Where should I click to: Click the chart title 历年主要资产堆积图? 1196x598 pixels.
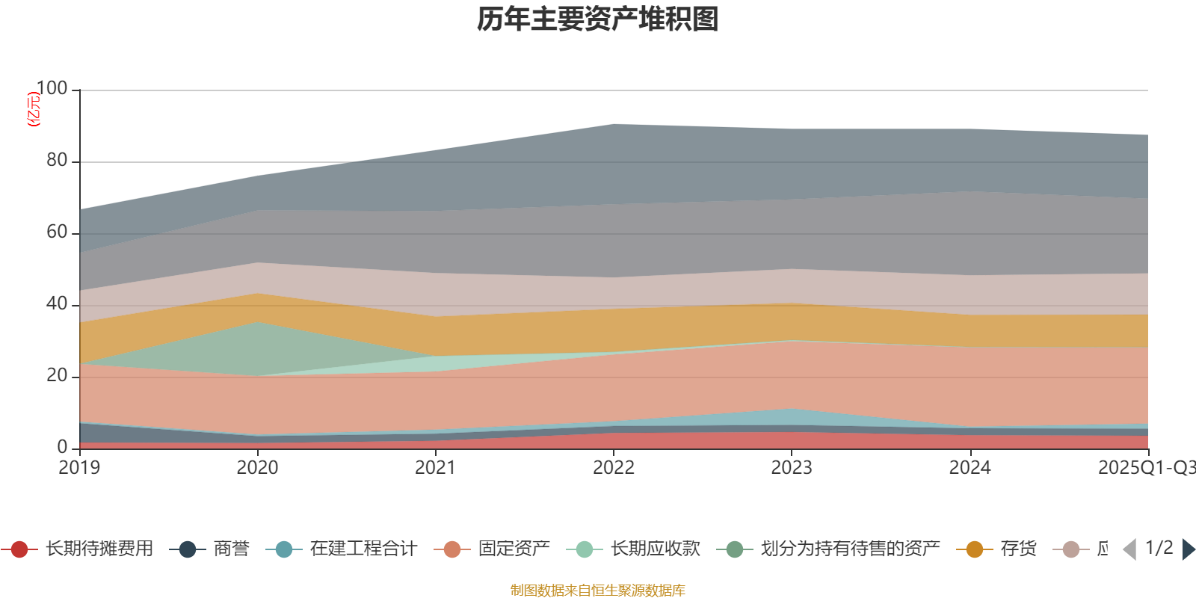[x=598, y=19]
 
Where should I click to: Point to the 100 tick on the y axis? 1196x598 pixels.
[x=52, y=88]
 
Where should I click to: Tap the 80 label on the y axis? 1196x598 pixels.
[x=56, y=160]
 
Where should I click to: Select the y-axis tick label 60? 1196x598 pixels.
[x=56, y=232]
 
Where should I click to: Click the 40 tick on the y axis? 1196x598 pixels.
[x=56, y=303]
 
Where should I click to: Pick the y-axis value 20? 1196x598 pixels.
[x=56, y=375]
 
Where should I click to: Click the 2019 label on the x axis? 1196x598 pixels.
[x=79, y=468]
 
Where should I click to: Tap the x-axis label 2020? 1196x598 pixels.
[x=257, y=468]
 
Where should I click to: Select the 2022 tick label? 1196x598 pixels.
[x=613, y=468]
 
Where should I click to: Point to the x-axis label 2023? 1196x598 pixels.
[x=791, y=468]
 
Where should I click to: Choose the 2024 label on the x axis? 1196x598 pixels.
[x=970, y=468]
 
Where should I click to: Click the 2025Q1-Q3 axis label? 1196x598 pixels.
[x=1145, y=468]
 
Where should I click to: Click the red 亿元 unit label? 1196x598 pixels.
[x=33, y=109]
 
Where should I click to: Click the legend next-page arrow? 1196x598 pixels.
[x=1188, y=549]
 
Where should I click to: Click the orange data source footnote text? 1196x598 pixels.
[x=598, y=591]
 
